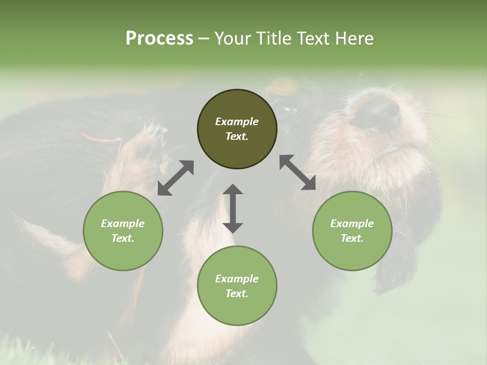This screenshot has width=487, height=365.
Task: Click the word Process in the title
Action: pyautogui.click(x=159, y=39)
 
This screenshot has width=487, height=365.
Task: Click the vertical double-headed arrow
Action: pyautogui.click(x=233, y=208)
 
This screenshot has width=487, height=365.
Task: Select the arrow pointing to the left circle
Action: pyautogui.click(x=176, y=178)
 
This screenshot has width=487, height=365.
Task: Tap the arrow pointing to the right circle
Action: pyautogui.click(x=298, y=173)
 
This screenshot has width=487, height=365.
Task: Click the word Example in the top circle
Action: pyautogui.click(x=237, y=122)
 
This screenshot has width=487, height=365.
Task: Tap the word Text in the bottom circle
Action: pyautogui.click(x=237, y=294)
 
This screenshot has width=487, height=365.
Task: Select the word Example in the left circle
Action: pyautogui.click(x=123, y=224)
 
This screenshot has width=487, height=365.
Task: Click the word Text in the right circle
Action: pyautogui.click(x=352, y=238)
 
